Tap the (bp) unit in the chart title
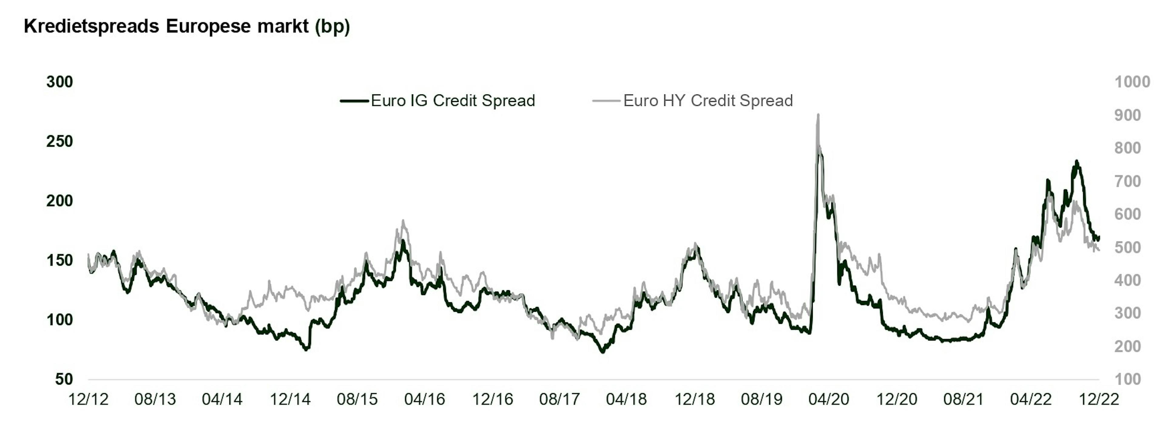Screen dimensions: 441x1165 (333, 26)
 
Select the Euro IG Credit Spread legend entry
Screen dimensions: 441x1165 (452, 100)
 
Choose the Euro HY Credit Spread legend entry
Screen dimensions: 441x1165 (708, 100)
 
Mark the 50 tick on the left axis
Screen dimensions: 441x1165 (64, 379)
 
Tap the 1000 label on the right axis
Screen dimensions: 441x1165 (1132, 82)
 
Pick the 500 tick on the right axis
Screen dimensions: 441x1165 (1127, 247)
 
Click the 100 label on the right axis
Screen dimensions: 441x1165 (1127, 379)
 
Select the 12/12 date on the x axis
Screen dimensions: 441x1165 (88, 399)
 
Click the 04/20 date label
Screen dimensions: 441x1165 (829, 399)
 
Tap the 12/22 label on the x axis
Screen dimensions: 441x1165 (1099, 399)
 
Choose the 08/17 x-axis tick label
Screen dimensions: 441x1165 (559, 399)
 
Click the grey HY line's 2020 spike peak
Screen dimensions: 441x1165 (818, 115)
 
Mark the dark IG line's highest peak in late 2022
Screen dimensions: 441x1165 (1077, 161)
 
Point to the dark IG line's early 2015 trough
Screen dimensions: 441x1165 (307, 349)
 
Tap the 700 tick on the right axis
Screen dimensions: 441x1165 (1127, 181)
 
